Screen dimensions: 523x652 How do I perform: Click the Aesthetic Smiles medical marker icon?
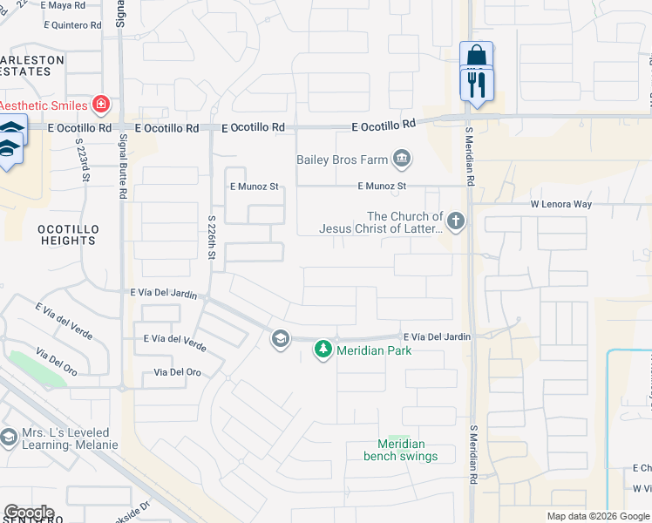click(101, 105)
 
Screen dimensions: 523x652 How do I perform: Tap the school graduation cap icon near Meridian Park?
click(281, 339)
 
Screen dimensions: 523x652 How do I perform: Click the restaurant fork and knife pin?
click(476, 85)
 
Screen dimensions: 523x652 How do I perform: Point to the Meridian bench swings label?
click(400, 449)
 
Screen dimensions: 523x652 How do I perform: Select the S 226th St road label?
click(212, 237)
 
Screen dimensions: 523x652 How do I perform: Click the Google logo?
click(29, 513)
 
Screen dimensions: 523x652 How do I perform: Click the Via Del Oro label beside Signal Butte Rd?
click(177, 372)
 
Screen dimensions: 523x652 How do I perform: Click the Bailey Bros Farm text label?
click(342, 160)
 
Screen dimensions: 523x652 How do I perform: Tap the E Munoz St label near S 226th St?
click(254, 187)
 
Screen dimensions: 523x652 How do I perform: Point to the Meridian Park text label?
click(375, 350)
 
